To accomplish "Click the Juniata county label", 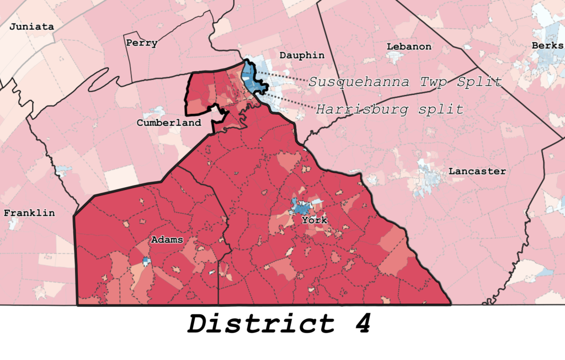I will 32,27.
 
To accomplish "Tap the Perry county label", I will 142,43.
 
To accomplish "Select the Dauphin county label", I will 302,55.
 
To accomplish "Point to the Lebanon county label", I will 409,46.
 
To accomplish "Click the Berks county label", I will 547,45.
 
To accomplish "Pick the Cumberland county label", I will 169,123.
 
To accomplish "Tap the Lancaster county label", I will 477,172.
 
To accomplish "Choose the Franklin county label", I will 29,213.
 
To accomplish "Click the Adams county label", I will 167,240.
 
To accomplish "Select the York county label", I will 314,220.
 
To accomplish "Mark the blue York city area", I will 301,208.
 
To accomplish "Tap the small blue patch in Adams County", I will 146,260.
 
